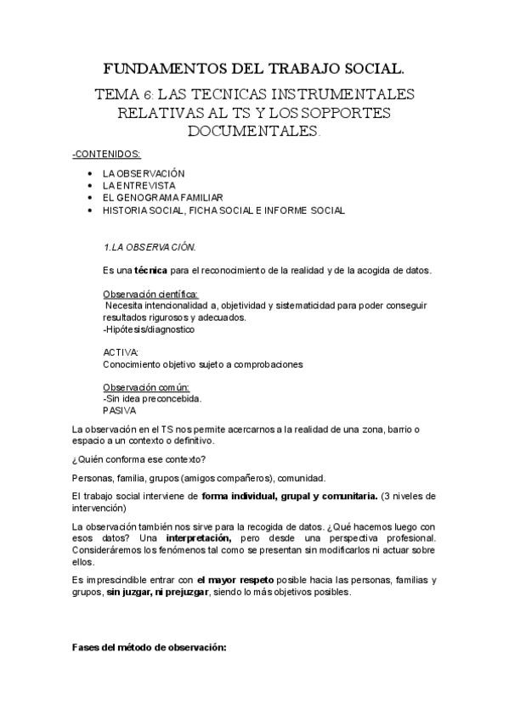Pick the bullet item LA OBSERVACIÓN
click(144, 172)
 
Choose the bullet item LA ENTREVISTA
click(139, 184)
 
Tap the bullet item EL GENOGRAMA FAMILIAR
click(163, 197)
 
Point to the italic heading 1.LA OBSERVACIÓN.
click(149, 247)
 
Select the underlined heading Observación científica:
click(150, 294)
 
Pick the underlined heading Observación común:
click(145, 387)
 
